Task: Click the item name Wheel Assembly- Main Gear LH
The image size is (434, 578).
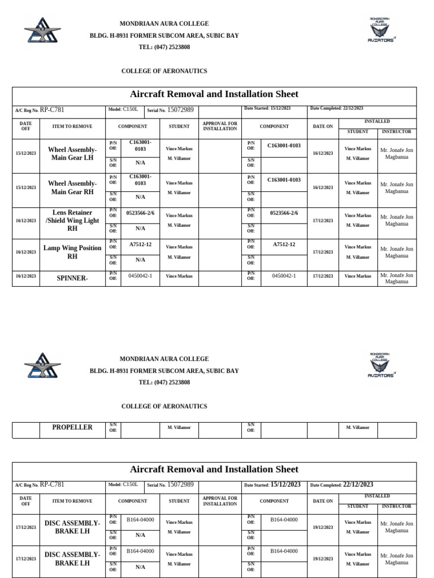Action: click(72, 154)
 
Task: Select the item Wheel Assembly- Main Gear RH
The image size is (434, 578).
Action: click(72, 187)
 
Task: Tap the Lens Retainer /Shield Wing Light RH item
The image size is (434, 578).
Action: click(72, 221)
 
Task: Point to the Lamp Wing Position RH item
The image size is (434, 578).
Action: click(72, 252)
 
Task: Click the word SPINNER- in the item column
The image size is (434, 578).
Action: click(72, 278)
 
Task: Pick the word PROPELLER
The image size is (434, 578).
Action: click(72, 427)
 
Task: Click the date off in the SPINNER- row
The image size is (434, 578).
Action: click(26, 277)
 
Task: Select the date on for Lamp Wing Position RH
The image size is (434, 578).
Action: click(323, 252)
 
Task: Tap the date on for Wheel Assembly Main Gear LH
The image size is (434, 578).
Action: click(323, 153)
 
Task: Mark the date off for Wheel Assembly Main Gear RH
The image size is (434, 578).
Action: click(26, 187)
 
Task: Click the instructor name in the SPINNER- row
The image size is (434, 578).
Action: click(397, 278)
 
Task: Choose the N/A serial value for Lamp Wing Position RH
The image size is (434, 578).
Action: click(140, 260)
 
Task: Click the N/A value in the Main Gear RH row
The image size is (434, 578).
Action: click(140, 197)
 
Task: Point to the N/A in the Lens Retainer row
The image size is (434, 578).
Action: click(140, 229)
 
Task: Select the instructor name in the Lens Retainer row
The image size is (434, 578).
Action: click(397, 220)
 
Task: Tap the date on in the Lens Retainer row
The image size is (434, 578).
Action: click(323, 221)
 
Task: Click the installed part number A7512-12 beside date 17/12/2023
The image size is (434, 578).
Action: click(284, 244)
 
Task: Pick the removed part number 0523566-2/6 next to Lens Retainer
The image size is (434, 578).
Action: click(140, 213)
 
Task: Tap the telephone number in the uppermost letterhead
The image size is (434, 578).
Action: click(164, 47)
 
